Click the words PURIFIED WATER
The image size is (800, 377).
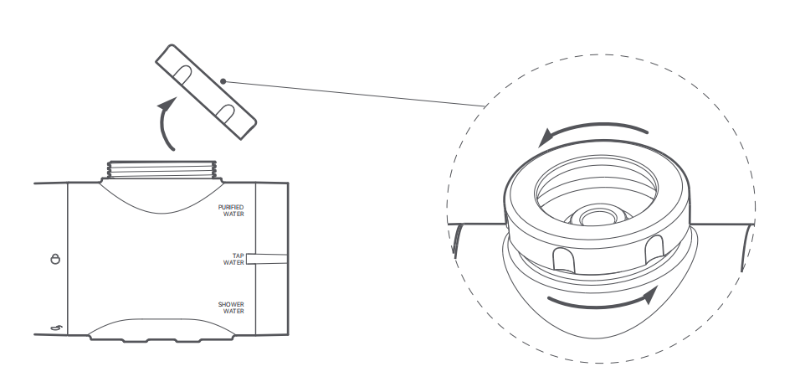click(x=231, y=210)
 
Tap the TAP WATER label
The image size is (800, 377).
click(x=233, y=259)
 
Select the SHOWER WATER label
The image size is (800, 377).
click(x=231, y=307)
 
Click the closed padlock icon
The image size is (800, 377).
click(x=55, y=259)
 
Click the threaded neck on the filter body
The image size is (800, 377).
click(x=162, y=169)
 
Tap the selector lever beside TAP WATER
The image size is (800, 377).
click(x=267, y=259)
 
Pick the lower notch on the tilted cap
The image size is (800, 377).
click(x=225, y=112)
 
